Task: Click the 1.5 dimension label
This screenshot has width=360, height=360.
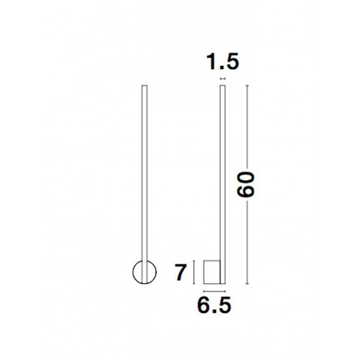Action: click(x=223, y=61)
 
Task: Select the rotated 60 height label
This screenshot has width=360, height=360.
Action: click(x=246, y=184)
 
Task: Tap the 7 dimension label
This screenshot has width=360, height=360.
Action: click(x=180, y=272)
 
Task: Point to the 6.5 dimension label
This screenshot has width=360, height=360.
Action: click(x=214, y=305)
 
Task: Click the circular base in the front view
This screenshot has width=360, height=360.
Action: click(x=133, y=272)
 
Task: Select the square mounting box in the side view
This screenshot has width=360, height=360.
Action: click(x=212, y=272)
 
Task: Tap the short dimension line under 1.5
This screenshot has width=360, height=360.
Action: click(x=223, y=79)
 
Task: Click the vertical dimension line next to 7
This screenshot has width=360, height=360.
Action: click(x=194, y=272)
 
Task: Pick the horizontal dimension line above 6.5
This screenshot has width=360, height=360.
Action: click(x=214, y=291)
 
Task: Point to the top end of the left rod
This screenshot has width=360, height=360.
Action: click(x=145, y=85)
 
